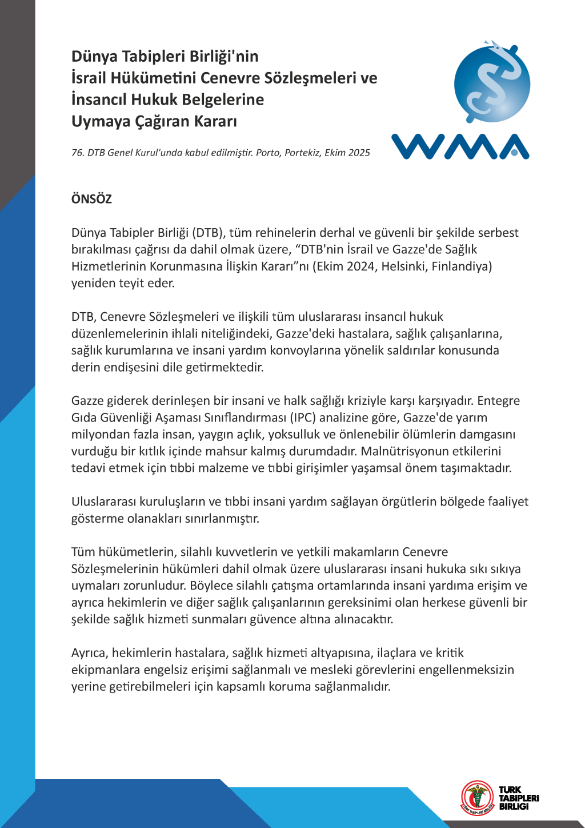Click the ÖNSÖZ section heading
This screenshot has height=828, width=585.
pyautogui.click(x=91, y=199)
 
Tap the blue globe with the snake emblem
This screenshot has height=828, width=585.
pyautogui.click(x=492, y=84)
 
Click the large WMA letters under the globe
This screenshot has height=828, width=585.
pyautogui.click(x=460, y=146)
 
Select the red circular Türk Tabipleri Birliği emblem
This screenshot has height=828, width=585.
pyautogui.click(x=478, y=797)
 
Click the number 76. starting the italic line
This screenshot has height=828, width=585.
pyautogui.click(x=78, y=153)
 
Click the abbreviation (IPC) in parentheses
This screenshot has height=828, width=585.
pyautogui.click(x=303, y=417)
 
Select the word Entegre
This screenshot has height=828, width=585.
pyautogui.click(x=498, y=400)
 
